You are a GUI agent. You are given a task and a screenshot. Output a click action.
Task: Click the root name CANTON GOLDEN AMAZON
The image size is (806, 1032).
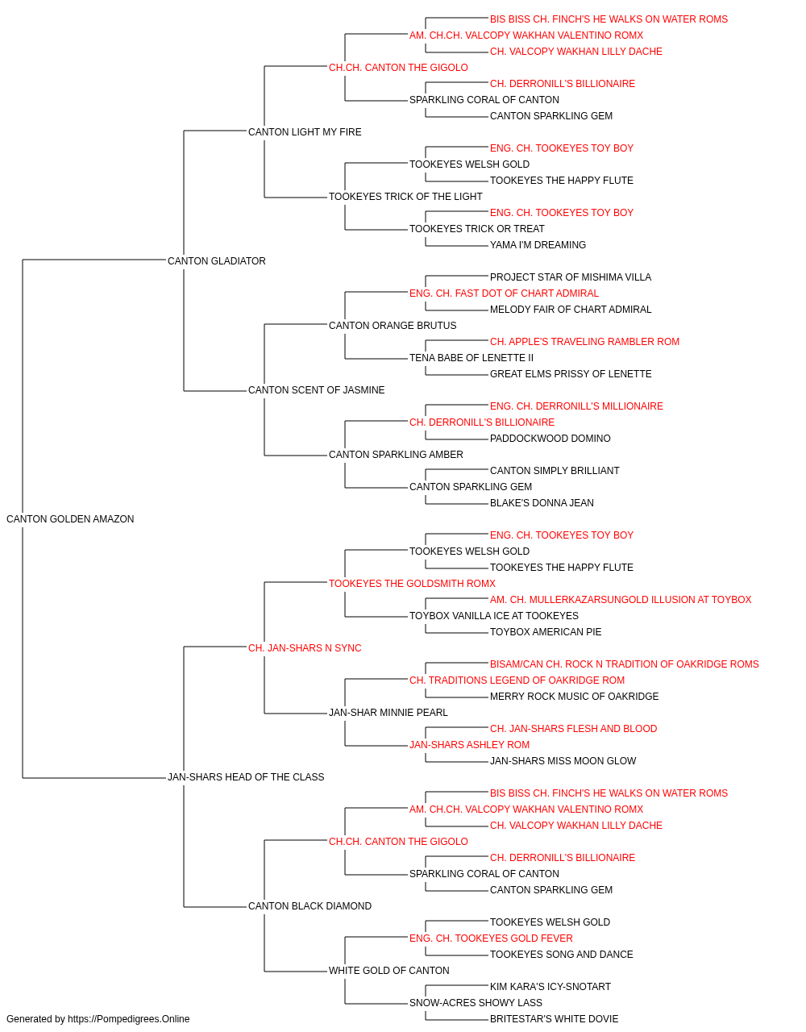pyautogui.click(x=70, y=519)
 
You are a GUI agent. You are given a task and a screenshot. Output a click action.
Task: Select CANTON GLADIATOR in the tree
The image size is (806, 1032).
pyautogui.click(x=217, y=261)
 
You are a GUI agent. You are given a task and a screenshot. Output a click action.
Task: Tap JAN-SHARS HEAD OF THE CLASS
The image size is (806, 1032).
pyautogui.click(x=246, y=777)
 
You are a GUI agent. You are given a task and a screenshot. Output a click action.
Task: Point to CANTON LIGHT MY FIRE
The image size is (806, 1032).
pyautogui.click(x=305, y=132)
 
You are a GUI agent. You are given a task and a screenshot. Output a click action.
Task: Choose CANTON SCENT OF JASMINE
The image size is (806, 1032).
pyautogui.click(x=316, y=390)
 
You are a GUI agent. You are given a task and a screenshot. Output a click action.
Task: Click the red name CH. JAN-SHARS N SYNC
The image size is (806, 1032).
pyautogui.click(x=305, y=648)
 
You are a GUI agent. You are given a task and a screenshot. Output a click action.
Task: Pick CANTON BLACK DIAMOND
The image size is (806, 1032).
pyautogui.click(x=310, y=906)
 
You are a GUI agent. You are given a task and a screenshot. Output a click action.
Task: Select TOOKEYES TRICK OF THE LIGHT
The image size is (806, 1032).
pyautogui.click(x=405, y=197)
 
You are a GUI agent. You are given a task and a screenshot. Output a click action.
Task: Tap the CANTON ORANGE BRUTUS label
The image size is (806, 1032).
pyautogui.click(x=393, y=326)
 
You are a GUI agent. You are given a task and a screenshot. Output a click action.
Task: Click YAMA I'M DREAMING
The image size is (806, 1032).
pyautogui.click(x=538, y=245)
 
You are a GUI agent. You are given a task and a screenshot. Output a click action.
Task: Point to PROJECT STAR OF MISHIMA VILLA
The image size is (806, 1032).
pyautogui.click(x=571, y=277)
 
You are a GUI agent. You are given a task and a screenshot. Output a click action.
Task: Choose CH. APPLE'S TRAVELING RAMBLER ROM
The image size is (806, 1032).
pyautogui.click(x=584, y=342)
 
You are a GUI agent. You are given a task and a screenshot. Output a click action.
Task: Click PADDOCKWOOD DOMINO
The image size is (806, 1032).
pyautogui.click(x=550, y=439)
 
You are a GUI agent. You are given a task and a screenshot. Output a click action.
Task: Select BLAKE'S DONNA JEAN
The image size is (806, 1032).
pyautogui.click(x=542, y=503)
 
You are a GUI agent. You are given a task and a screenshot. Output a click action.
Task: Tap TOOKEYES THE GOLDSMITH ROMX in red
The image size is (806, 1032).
pyautogui.click(x=412, y=584)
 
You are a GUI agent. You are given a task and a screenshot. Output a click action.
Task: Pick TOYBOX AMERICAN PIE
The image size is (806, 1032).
pyautogui.click(x=546, y=632)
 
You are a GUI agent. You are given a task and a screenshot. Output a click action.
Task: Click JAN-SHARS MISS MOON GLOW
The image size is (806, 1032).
pyautogui.click(x=563, y=761)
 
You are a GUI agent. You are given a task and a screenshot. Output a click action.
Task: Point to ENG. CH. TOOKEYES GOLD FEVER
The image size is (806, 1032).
pyautogui.click(x=491, y=938)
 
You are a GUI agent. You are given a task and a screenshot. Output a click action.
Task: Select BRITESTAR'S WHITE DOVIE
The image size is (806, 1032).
pyautogui.click(x=554, y=1019)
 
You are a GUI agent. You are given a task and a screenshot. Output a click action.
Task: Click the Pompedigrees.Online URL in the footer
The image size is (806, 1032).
pyautogui.click(x=129, y=1019)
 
